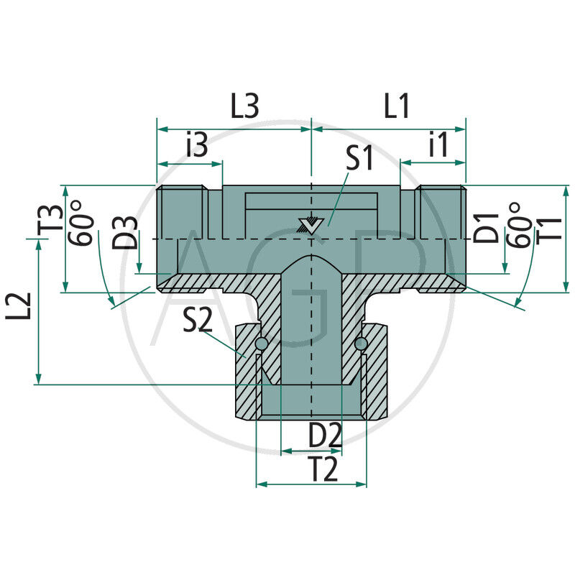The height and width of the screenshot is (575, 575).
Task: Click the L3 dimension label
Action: [x=244, y=107]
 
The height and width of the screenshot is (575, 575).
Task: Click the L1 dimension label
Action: [x=396, y=107]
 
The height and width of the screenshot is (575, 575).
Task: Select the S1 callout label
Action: [x=359, y=159]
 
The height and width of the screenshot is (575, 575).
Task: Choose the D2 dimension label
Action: [x=325, y=435]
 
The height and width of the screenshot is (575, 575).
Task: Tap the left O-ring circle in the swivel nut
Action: [x=261, y=346]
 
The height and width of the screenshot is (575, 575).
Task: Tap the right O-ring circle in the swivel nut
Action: [x=361, y=346]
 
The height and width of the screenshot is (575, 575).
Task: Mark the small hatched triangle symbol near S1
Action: [x=310, y=224]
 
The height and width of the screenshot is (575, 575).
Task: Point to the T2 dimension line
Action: [x=311, y=484]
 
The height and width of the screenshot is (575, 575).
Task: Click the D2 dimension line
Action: [x=311, y=451]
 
